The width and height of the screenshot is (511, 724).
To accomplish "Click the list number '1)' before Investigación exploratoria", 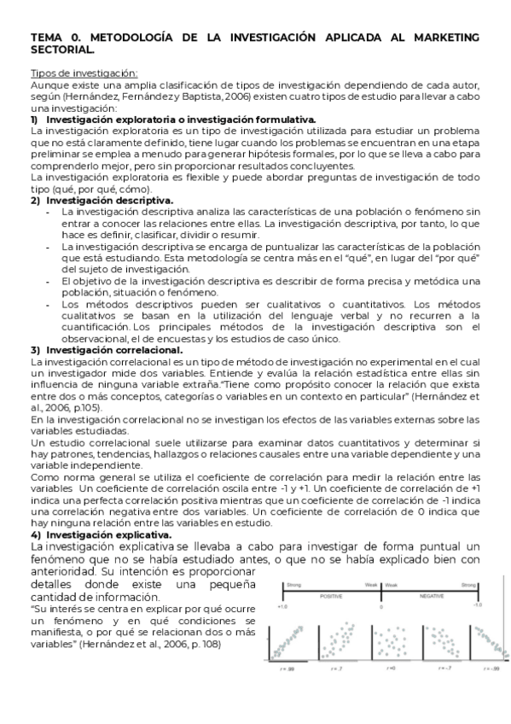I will click(35, 120).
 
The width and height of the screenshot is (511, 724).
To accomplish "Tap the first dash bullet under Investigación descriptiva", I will click(48, 211).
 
